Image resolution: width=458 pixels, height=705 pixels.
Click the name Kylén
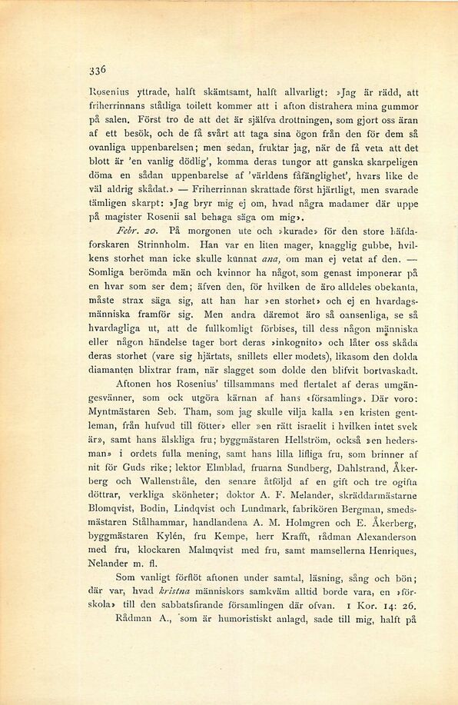[175, 556]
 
